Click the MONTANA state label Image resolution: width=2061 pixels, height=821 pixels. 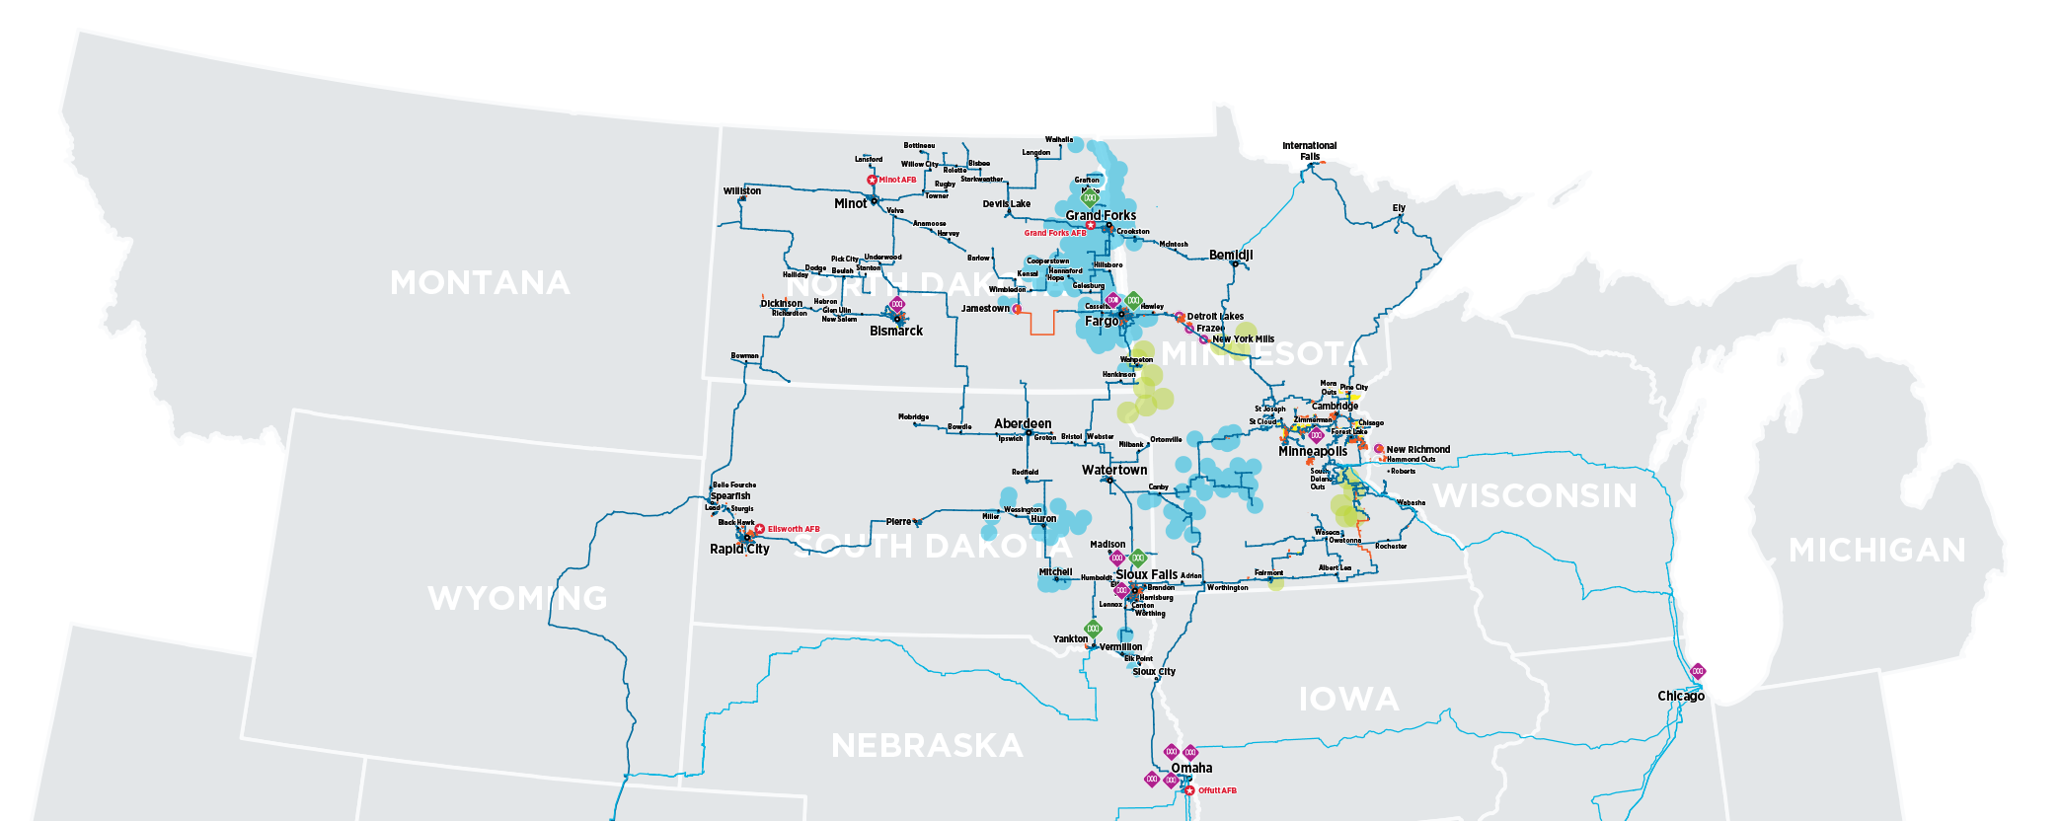[480, 283]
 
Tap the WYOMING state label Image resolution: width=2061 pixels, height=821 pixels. [517, 598]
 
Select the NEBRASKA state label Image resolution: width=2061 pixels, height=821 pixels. [927, 746]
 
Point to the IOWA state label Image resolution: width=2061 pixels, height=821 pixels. [1348, 700]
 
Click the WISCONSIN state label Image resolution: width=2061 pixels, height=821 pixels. [1535, 495]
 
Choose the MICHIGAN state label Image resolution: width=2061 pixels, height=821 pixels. [1877, 550]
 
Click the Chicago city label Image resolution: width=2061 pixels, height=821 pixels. [1681, 696]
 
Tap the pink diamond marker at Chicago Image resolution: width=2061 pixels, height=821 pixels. [1698, 671]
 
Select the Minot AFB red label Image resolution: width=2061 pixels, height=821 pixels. [897, 180]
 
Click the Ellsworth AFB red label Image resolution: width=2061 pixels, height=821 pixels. [794, 529]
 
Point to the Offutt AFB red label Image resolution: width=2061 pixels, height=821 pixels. [1217, 790]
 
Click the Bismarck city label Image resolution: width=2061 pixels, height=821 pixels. [896, 331]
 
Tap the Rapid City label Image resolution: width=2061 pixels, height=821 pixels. [739, 549]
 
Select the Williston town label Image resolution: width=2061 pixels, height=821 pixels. [741, 191]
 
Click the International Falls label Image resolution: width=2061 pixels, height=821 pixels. [1309, 150]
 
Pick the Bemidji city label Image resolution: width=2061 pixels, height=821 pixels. [1231, 255]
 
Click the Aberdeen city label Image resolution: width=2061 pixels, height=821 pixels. [1023, 423]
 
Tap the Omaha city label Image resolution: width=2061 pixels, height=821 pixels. [1191, 768]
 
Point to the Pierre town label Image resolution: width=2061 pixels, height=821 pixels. [898, 521]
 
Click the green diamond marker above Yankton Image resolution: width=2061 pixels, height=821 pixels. [1093, 629]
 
